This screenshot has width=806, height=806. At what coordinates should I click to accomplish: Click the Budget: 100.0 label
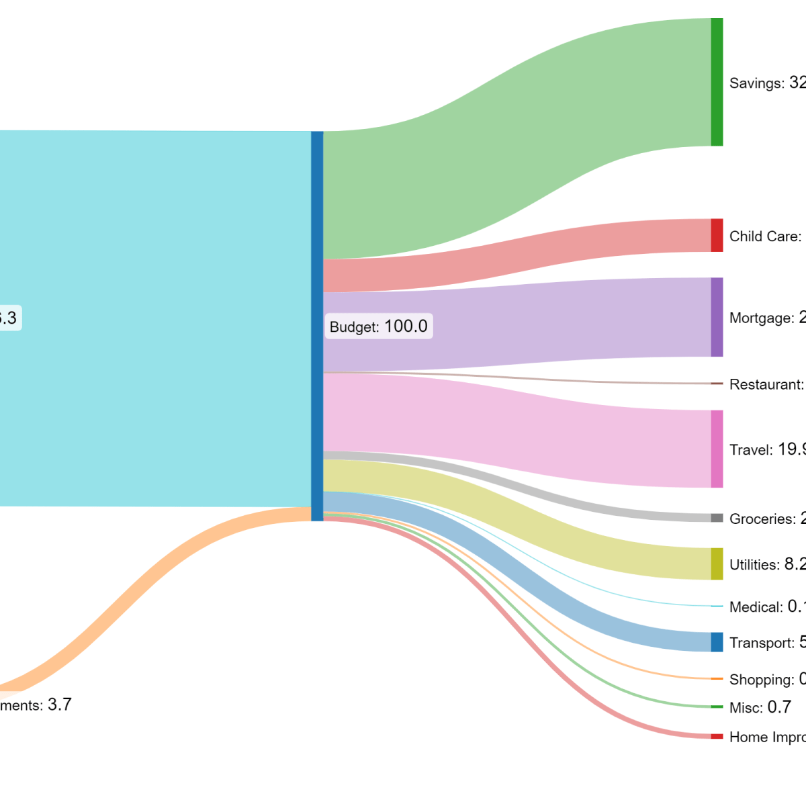tap(378, 326)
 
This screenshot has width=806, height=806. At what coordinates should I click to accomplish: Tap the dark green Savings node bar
tap(717, 82)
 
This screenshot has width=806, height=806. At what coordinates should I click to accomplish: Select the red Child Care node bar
tap(717, 235)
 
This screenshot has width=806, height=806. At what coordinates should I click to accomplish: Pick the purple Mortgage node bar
tap(717, 317)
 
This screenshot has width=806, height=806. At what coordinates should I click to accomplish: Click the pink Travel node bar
tap(717, 449)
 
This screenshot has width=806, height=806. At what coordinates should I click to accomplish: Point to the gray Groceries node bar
tap(717, 518)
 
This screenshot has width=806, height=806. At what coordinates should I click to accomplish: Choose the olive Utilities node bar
tap(717, 564)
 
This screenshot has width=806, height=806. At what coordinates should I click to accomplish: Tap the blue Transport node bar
tap(717, 642)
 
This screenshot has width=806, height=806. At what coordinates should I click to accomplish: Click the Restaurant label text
tap(766, 385)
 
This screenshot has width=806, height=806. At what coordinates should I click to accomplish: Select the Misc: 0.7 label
tap(760, 707)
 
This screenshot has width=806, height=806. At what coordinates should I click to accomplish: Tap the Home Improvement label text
tap(768, 737)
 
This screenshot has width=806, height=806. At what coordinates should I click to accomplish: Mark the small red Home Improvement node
tap(717, 737)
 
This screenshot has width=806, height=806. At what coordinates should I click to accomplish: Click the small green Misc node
tap(717, 707)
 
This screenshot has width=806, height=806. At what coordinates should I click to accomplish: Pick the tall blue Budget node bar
tap(317, 326)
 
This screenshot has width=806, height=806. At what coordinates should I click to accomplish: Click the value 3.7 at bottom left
tap(60, 705)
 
